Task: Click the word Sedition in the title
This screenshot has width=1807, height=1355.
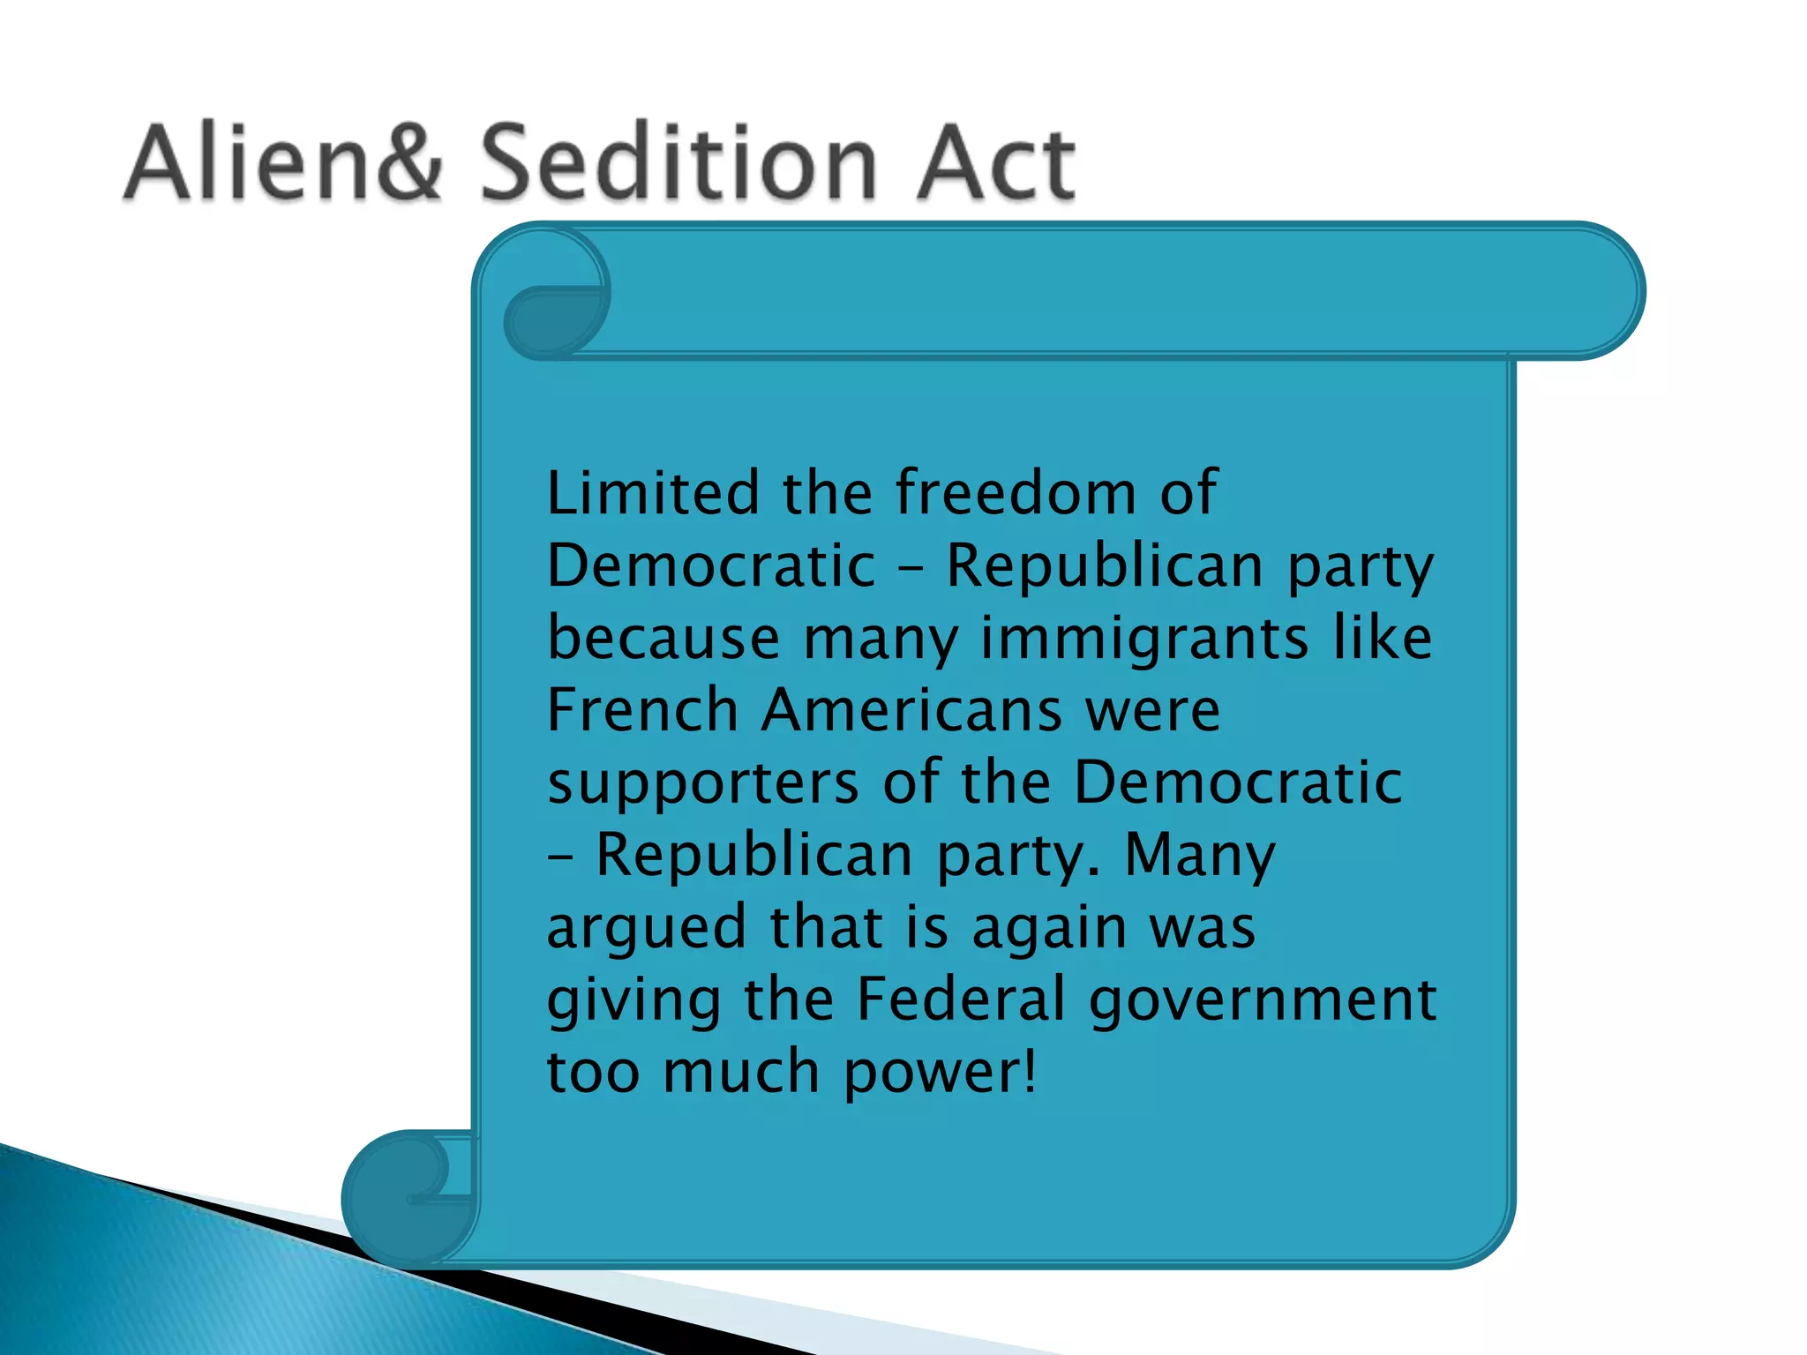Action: [679, 163]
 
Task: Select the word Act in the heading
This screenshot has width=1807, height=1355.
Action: [995, 163]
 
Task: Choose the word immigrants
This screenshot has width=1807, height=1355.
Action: [1144, 638]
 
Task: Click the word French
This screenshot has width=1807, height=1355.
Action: [642, 710]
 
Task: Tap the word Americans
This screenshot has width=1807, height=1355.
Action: [911, 710]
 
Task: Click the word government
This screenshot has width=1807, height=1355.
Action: [1263, 1000]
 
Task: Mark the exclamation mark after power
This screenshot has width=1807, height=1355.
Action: [1029, 1072]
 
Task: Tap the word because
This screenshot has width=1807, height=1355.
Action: [664, 638]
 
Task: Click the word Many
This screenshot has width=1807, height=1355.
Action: [1200, 856]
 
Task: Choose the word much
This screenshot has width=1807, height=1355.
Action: [741, 1072]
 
